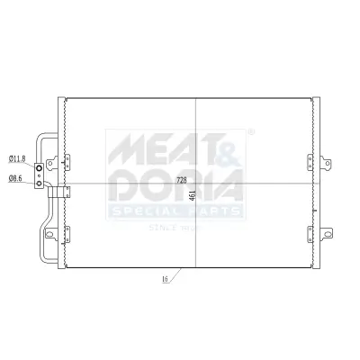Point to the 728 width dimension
pyautogui.click(x=181, y=180)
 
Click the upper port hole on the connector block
pyautogui.click(x=40, y=167)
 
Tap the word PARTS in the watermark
pyautogui.click(x=217, y=211)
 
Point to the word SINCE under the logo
pyautogui.click(x=162, y=229)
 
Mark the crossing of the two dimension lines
pyautogui.click(x=195, y=184)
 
